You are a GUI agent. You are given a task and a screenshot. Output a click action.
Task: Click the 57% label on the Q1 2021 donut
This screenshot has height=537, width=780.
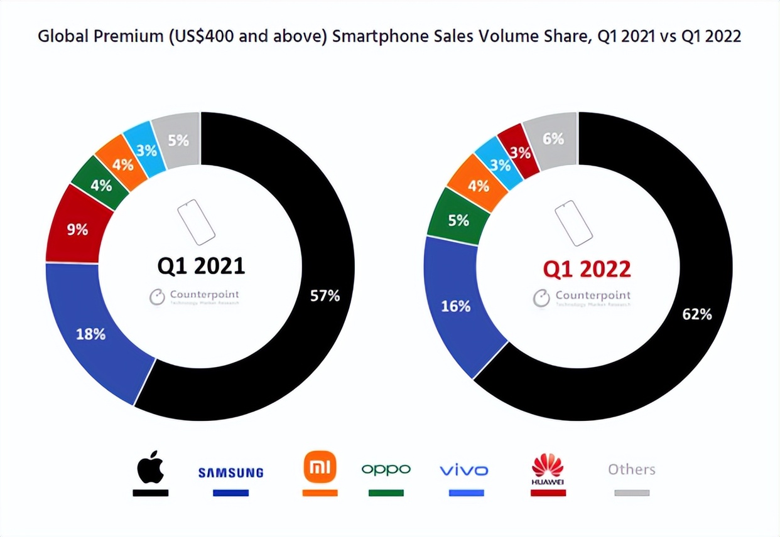tap(325, 295)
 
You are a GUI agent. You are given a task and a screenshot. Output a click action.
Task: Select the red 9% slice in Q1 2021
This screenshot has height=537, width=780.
tap(77, 230)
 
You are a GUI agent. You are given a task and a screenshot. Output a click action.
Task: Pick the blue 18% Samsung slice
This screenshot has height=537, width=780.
tap(90, 334)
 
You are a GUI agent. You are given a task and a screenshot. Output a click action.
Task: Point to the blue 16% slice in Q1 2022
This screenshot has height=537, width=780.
tap(456, 306)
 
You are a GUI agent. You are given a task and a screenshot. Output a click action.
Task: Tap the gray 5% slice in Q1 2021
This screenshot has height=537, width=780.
tap(179, 141)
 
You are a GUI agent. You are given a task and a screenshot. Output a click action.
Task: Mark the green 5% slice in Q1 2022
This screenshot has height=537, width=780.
tap(458, 220)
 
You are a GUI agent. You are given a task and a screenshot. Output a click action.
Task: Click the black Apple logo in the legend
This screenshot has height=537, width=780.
tap(151, 467)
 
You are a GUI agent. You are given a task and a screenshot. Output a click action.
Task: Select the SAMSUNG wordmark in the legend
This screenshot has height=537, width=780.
tap(230, 472)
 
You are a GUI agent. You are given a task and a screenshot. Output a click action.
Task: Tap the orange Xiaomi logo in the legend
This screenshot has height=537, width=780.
tap(320, 467)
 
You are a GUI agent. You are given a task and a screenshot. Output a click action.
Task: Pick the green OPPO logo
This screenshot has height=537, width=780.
tap(386, 469)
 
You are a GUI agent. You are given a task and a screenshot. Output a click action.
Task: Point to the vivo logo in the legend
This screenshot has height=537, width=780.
tap(463, 470)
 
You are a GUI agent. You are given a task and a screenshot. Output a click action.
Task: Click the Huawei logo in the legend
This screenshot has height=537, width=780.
tap(548, 469)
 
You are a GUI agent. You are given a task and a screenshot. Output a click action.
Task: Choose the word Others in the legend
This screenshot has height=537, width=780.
tap(631, 469)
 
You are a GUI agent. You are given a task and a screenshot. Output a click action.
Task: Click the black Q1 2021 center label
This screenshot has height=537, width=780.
tap(200, 266)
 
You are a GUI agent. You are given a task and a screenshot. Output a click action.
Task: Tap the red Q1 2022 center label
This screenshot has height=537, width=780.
tap(587, 269)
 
